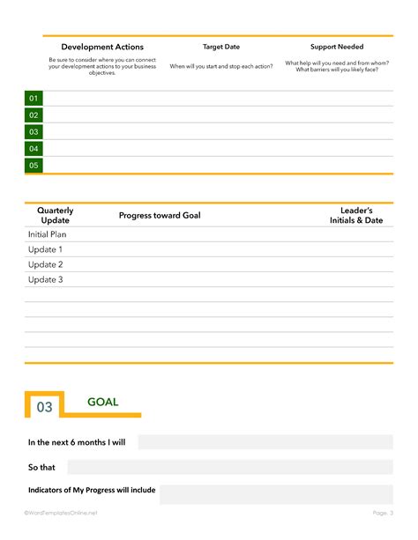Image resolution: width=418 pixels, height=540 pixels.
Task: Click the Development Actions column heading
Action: (102, 47)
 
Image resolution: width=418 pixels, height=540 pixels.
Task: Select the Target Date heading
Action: (221, 47)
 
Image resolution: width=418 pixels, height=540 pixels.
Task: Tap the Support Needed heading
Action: (337, 47)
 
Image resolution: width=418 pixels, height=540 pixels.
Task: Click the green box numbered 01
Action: (34, 99)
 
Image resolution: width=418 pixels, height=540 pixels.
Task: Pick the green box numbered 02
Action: (34, 115)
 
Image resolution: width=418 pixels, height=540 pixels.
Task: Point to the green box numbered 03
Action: (34, 132)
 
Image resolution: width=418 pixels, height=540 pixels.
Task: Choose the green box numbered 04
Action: (34, 149)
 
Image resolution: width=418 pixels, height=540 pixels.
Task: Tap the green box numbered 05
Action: (34, 166)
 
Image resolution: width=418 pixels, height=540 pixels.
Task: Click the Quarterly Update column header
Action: (56, 216)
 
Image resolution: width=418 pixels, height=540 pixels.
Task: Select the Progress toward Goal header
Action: (160, 216)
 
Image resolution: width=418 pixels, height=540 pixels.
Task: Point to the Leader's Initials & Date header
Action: (356, 216)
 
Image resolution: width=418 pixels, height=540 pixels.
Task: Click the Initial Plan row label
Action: (48, 235)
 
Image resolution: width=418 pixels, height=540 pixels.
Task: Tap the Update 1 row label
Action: (46, 250)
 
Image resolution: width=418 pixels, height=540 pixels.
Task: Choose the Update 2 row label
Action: (46, 265)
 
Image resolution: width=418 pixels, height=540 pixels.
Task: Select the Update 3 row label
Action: (46, 280)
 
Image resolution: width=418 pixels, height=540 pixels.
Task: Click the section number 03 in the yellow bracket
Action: (44, 407)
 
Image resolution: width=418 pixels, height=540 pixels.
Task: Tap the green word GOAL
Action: (102, 403)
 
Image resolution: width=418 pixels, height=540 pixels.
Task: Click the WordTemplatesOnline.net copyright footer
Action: (61, 513)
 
